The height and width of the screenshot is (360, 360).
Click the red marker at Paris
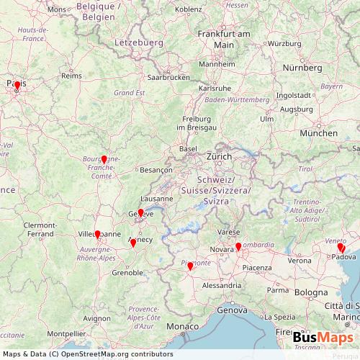(x=17, y=86)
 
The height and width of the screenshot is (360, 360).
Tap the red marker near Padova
(x=341, y=248)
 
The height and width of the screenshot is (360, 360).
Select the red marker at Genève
(x=140, y=213)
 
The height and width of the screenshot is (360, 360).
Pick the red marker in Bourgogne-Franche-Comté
(x=104, y=159)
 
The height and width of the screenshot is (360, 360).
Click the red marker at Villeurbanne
(x=97, y=235)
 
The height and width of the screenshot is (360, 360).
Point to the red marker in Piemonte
(x=190, y=266)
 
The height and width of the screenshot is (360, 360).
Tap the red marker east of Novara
(x=238, y=247)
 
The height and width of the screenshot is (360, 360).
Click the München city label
(x=319, y=133)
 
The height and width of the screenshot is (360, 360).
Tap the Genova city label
(x=231, y=310)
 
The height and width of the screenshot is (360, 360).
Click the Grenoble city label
(x=127, y=273)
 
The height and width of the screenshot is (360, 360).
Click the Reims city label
(x=69, y=75)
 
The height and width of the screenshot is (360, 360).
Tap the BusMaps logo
(x=323, y=338)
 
